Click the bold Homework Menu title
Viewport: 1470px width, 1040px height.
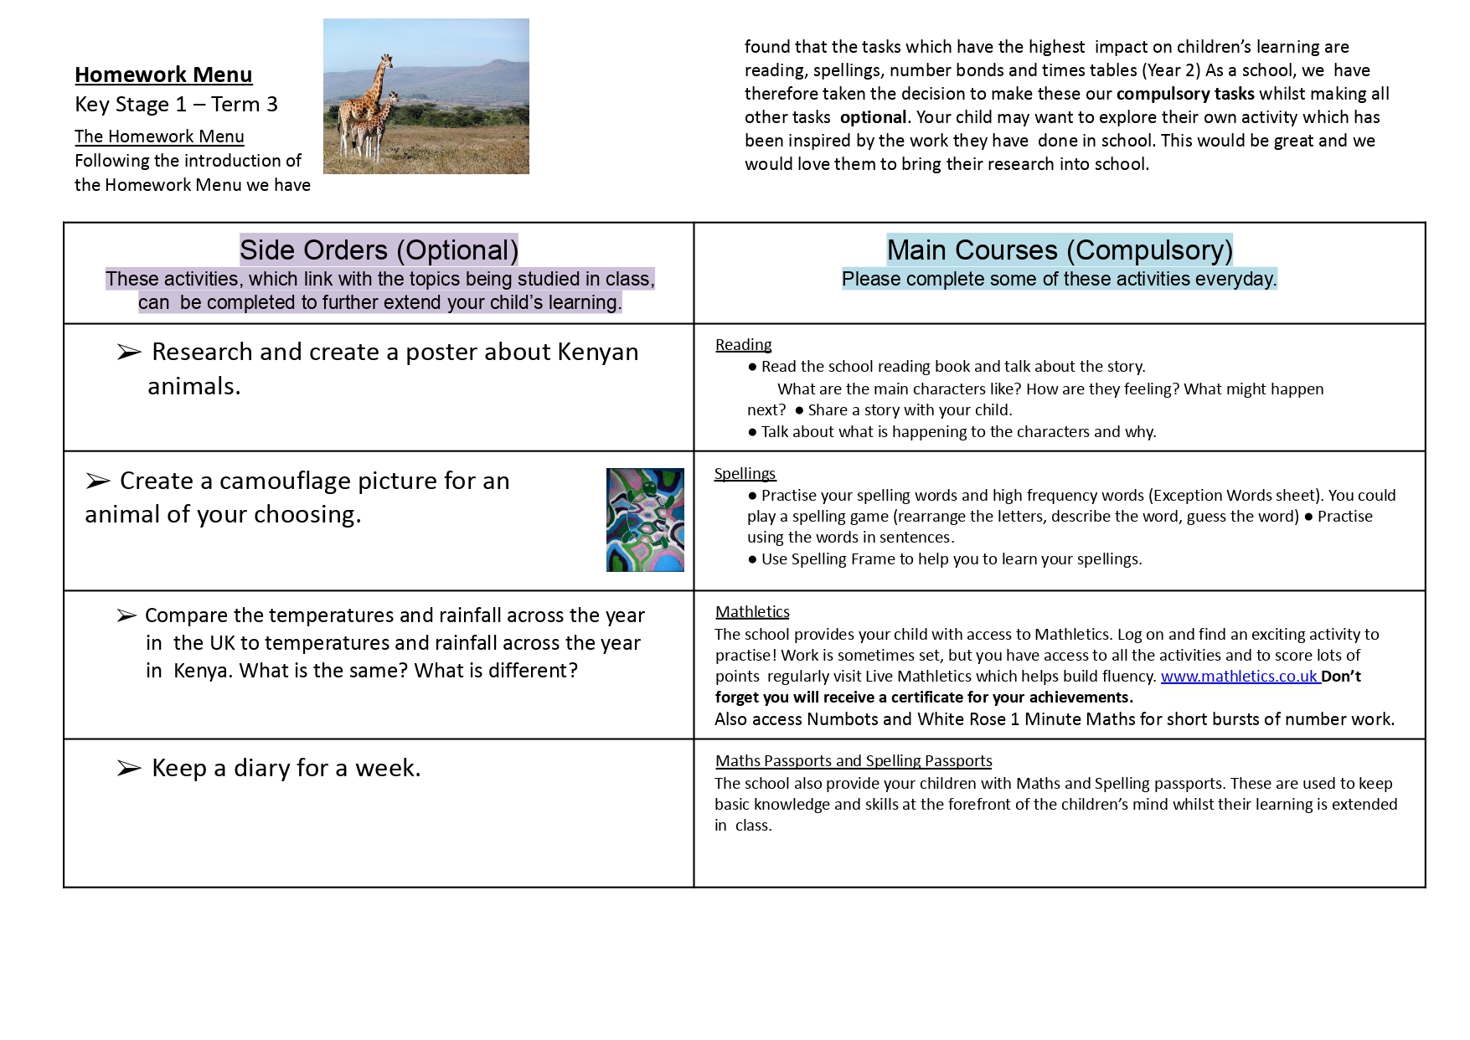pos(163,75)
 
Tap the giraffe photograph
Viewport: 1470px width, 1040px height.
pos(426,96)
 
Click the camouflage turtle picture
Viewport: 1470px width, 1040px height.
pos(644,520)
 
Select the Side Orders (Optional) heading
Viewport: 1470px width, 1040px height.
pos(379,250)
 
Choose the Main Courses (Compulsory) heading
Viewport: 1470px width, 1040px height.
pos(1060,250)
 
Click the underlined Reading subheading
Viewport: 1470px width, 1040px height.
pos(743,345)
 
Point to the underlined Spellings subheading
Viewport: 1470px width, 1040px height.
pos(745,474)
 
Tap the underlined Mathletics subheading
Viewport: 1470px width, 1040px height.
pos(752,612)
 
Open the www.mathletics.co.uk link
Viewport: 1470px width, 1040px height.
pos(1240,677)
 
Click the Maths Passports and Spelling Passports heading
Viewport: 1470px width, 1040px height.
pos(854,761)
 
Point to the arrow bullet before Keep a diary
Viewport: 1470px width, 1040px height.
pos(128,769)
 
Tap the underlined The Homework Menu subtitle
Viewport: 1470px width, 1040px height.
pos(159,136)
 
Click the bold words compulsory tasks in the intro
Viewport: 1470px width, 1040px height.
pos(1185,94)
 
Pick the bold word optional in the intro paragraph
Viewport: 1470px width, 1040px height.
pos(873,117)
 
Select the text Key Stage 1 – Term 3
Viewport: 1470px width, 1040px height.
pos(176,105)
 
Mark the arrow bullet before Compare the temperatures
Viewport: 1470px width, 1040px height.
pos(126,616)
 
